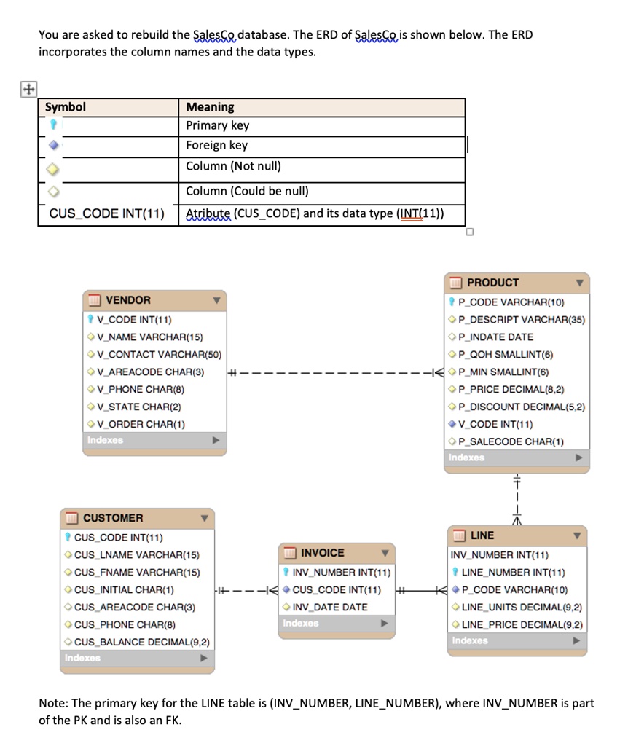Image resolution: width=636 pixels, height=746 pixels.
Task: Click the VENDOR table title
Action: [128, 300]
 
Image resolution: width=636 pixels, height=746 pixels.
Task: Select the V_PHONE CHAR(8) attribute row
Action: [141, 389]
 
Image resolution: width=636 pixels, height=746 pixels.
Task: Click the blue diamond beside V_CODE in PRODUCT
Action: [452, 424]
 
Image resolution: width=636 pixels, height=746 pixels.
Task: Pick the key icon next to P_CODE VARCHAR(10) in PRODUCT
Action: [452, 302]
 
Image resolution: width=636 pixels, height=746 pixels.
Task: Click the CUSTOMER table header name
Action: [113, 518]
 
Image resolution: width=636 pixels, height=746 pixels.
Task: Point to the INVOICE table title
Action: [323, 553]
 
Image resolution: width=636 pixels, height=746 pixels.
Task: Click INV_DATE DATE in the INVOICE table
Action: [329, 607]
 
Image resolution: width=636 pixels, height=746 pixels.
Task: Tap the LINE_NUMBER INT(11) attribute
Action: [514, 573]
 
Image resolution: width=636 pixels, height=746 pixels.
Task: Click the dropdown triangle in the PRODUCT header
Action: [579, 283]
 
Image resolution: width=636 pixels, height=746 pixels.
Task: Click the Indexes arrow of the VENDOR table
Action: [216, 440]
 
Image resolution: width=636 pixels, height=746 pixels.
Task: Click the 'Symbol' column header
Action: [65, 107]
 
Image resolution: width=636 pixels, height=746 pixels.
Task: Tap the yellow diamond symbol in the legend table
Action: [53, 169]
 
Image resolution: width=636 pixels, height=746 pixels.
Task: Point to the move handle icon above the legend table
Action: [28, 89]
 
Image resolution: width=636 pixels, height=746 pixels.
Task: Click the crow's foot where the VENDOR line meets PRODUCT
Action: [438, 372]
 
